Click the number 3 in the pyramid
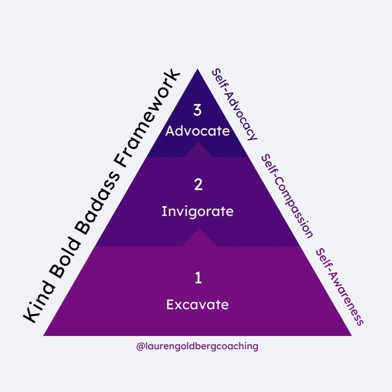(x=198, y=111)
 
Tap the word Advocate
(x=198, y=131)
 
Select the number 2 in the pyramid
(x=198, y=185)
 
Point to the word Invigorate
(x=198, y=211)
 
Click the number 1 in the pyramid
(x=198, y=278)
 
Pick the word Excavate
(x=198, y=304)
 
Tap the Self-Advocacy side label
(x=234, y=104)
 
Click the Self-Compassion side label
(x=287, y=196)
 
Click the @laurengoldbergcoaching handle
(x=197, y=347)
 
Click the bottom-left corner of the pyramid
(x=44, y=335)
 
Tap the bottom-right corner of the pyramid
(x=351, y=335)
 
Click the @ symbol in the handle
(x=139, y=347)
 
